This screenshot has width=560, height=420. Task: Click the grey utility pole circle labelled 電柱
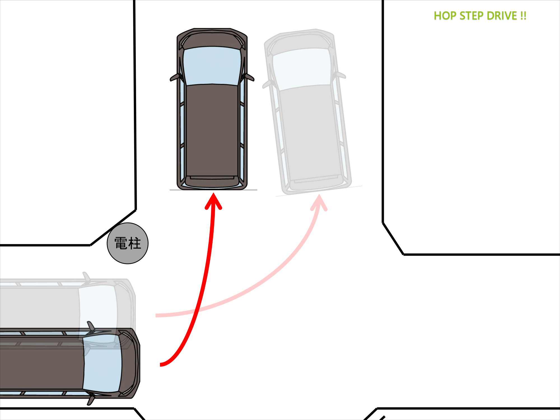(128, 243)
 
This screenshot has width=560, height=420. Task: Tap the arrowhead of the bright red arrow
(213, 200)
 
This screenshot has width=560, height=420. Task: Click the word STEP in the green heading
(472, 16)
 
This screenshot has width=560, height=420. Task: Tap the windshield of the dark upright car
(212, 66)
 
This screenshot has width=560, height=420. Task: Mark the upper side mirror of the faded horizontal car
(87, 277)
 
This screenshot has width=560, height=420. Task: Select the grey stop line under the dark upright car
(213, 190)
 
